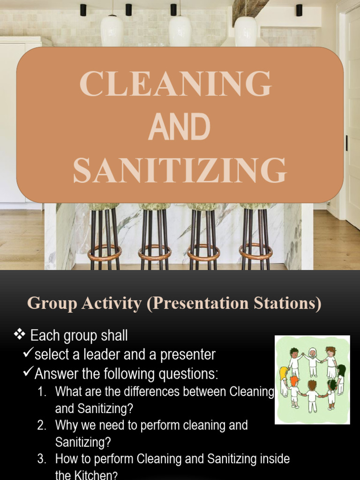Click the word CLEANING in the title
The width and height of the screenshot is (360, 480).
175,84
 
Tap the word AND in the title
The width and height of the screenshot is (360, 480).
179,127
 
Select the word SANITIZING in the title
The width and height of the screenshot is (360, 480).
180,171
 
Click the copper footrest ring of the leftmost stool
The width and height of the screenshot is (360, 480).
105,253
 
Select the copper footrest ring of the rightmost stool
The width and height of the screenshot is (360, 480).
255,252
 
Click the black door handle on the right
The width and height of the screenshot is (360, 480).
347,143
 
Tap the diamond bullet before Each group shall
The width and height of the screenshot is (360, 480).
19,335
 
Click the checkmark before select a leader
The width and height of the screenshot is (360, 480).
28,354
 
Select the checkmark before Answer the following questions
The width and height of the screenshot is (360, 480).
28,373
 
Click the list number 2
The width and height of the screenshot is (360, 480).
42,426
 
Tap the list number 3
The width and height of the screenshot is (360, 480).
42,459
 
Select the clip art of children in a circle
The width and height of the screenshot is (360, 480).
312,380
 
